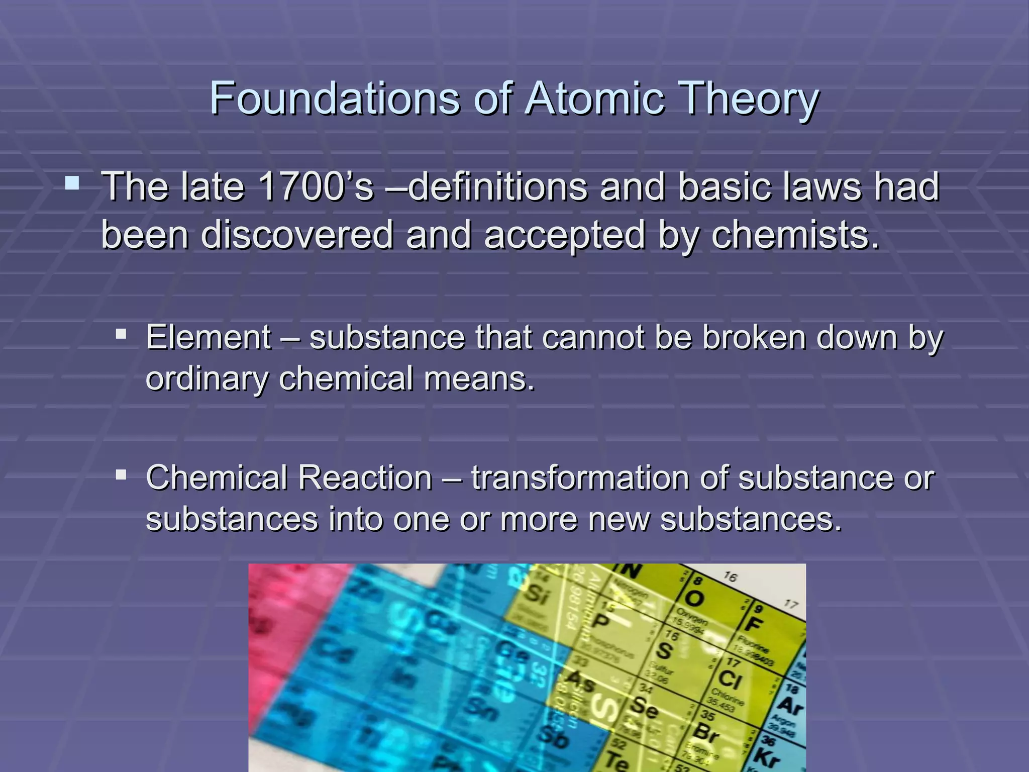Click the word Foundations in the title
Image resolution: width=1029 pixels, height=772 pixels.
click(x=334, y=98)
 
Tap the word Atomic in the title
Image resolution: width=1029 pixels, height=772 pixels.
click(x=595, y=98)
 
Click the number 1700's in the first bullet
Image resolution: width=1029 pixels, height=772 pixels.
click(x=315, y=186)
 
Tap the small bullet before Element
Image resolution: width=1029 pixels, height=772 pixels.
click(x=121, y=333)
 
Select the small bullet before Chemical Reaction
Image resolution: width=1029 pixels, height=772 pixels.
click(x=121, y=474)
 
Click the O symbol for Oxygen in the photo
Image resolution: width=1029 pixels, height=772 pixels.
click(x=694, y=598)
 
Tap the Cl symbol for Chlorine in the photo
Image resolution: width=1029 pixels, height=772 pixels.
click(x=730, y=680)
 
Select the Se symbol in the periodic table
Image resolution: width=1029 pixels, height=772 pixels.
click(x=644, y=708)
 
